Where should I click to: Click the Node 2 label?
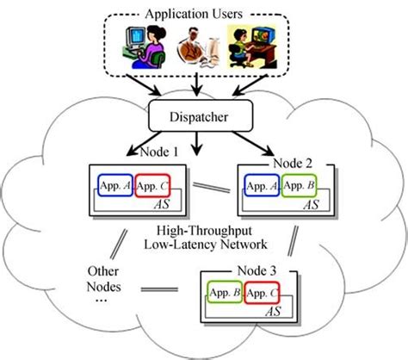point(293,162)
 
